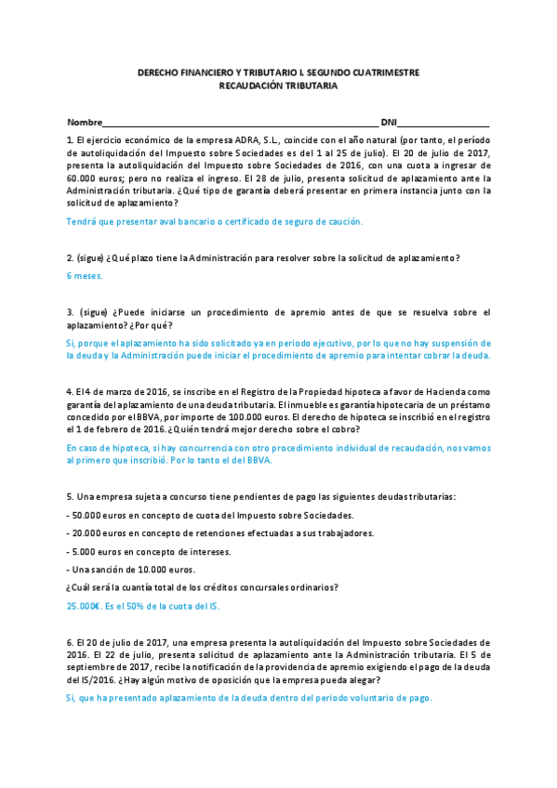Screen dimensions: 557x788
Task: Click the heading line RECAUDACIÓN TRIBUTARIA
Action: pos(278,85)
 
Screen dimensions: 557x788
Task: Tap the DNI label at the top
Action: pos(389,123)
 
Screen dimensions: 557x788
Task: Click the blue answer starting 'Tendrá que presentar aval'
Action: pos(214,222)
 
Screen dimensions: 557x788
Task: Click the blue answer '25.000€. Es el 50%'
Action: pos(143,605)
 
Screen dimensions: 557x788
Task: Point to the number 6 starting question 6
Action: pos(70,642)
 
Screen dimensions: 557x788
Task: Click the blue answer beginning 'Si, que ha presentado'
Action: pos(249,698)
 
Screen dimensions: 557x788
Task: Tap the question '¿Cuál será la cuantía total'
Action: pos(202,586)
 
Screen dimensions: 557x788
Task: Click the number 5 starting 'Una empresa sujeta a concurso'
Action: pos(70,497)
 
